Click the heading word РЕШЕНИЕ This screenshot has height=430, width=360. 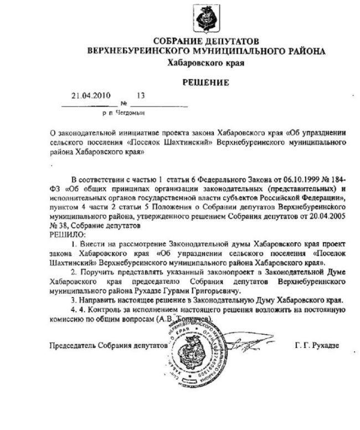pos(206,83)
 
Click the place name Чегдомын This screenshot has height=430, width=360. pos(130,113)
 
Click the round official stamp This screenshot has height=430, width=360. pos(188,349)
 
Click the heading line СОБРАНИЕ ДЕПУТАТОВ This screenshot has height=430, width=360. pos(207,42)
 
